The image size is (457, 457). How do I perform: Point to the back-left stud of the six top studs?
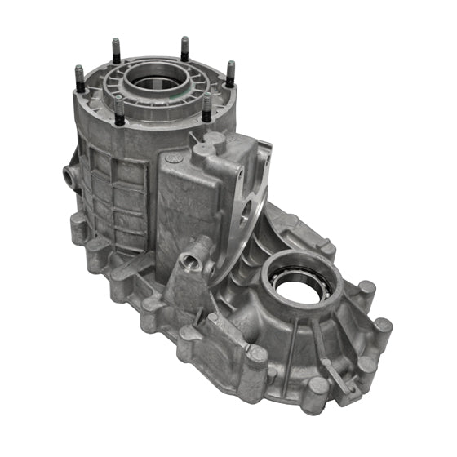(117, 47)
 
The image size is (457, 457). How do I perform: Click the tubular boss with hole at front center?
(190, 262)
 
